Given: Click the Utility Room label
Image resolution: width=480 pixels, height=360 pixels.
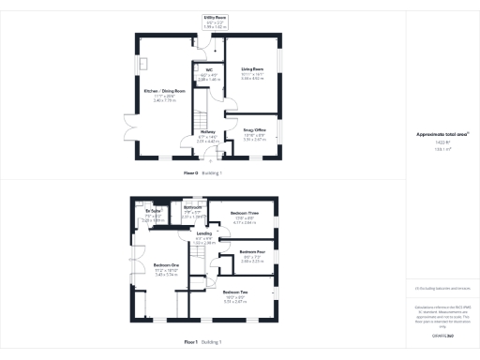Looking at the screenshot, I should pyautogui.click(x=216, y=17).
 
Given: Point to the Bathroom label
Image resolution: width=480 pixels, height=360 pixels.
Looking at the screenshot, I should pyautogui.click(x=193, y=206).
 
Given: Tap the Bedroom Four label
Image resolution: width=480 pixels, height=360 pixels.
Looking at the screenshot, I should pyautogui.click(x=252, y=252).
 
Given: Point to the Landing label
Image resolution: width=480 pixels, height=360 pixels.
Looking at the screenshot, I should pyautogui.click(x=203, y=232).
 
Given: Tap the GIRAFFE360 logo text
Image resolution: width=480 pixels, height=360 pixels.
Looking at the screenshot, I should pyautogui.click(x=442, y=333).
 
